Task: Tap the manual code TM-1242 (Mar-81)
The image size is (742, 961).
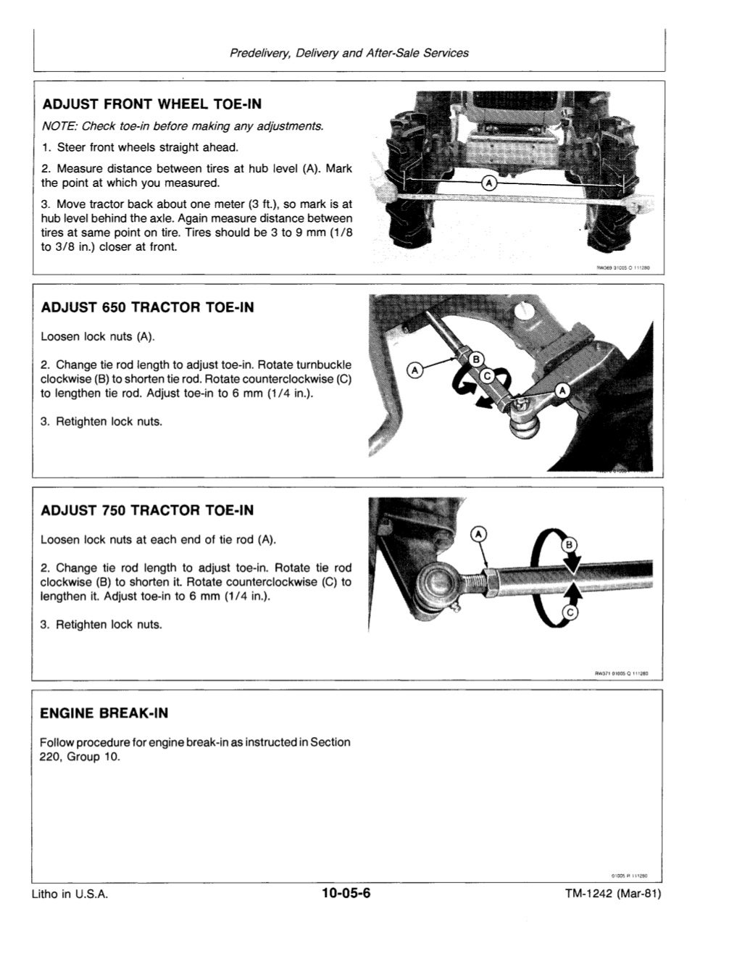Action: click(613, 894)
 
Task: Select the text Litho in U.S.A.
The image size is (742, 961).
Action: click(70, 894)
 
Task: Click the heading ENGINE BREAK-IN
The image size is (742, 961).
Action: click(104, 713)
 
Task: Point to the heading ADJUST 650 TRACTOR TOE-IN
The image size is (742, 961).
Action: click(147, 307)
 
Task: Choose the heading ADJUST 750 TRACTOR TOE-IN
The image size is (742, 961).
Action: click(147, 510)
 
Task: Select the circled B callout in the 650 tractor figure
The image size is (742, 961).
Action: click(476, 360)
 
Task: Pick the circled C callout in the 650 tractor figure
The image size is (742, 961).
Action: click(487, 375)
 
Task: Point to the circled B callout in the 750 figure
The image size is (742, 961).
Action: click(569, 545)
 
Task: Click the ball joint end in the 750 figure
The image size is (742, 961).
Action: click(438, 582)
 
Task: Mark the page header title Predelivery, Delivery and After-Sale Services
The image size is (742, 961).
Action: click(349, 53)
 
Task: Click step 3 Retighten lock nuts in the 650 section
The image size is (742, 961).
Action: click(101, 422)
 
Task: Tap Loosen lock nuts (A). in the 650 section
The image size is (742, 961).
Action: click(98, 337)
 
